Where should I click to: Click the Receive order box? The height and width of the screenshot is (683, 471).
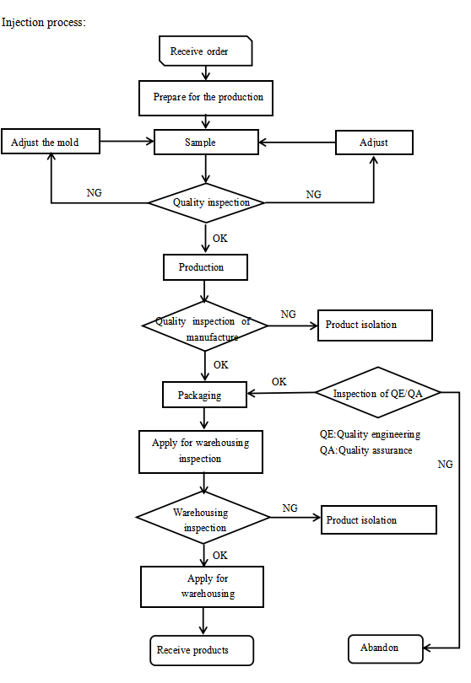(x=206, y=51)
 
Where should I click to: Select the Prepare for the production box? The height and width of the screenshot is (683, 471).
(x=206, y=98)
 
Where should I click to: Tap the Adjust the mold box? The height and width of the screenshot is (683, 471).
(x=51, y=141)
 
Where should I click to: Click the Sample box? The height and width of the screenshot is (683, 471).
(x=206, y=142)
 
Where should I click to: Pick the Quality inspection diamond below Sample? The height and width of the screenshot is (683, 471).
(x=206, y=202)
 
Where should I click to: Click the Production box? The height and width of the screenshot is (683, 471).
(x=205, y=267)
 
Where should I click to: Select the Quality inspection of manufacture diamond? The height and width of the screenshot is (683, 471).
(x=205, y=325)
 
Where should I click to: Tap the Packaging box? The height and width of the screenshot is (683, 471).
(x=204, y=395)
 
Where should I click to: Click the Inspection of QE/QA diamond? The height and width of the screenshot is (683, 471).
(x=377, y=392)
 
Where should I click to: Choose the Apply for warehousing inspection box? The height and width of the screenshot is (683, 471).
(x=201, y=452)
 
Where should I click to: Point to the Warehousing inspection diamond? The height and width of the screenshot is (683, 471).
(x=203, y=518)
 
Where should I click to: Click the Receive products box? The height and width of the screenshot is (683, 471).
(x=202, y=650)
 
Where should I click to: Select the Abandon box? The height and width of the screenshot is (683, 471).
(x=386, y=649)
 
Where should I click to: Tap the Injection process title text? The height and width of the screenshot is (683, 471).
(x=44, y=23)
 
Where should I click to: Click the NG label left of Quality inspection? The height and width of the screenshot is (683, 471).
(x=95, y=192)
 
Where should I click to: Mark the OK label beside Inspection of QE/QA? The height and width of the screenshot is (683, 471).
(x=279, y=382)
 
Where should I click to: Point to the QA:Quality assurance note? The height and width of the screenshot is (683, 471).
(x=365, y=450)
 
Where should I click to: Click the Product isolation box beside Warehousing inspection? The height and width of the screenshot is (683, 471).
(x=378, y=519)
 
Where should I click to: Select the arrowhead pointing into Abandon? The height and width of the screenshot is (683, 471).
(x=427, y=648)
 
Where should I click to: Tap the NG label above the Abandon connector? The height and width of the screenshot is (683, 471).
(x=446, y=465)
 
